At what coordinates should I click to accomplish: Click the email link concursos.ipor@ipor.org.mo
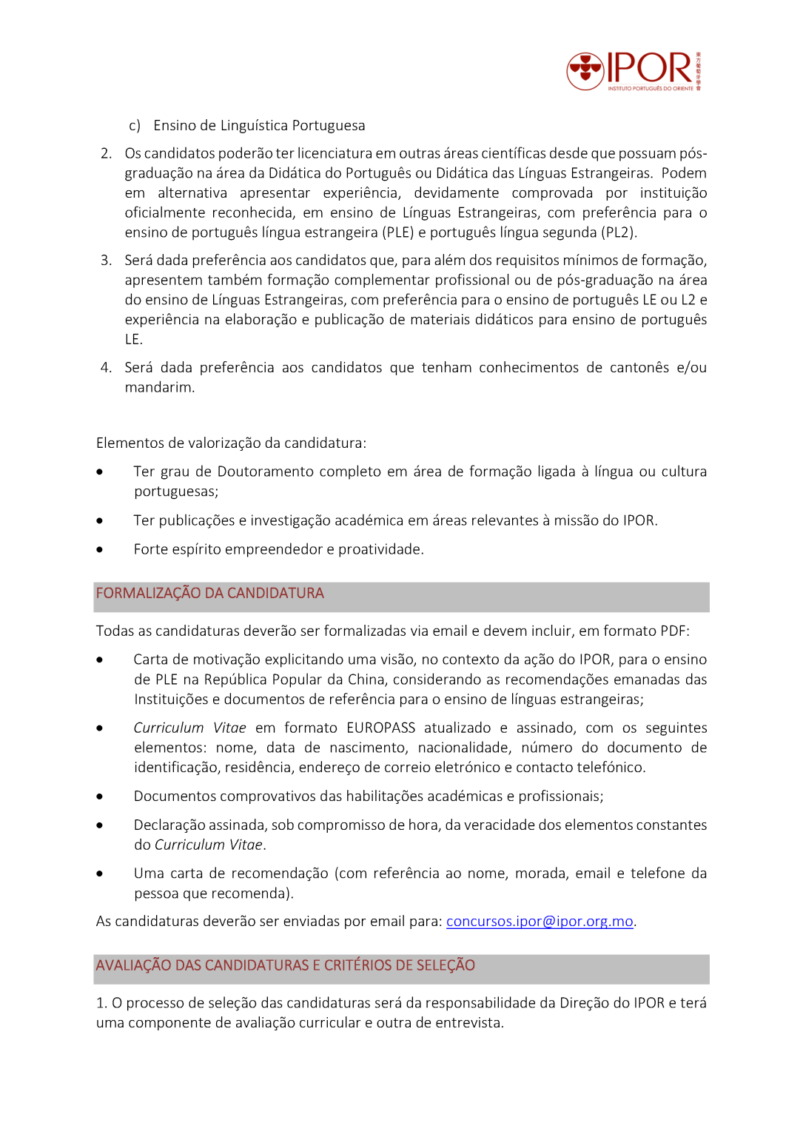[x=540, y=922]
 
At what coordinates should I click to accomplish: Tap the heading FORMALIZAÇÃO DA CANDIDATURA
[x=209, y=594]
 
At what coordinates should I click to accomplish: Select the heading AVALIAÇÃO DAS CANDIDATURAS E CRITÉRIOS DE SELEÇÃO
[x=285, y=966]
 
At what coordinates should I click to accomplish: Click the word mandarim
[x=158, y=388]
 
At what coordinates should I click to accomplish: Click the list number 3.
[x=106, y=261]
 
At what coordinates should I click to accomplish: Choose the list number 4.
[x=106, y=368]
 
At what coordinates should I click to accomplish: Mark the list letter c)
[x=135, y=126]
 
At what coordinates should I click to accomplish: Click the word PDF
[x=673, y=631]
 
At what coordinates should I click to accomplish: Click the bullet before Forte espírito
[x=99, y=550]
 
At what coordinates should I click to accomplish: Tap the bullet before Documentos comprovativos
[x=99, y=797]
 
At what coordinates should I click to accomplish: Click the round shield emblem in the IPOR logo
[x=585, y=71]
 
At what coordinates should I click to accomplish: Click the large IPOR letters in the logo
[x=649, y=68]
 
